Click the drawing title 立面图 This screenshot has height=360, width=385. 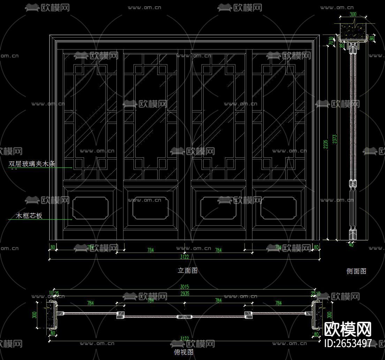point(188,270)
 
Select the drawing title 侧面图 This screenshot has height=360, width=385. point(356,271)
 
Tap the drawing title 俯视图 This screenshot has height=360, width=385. point(183,352)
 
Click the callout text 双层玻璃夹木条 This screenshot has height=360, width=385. point(32,164)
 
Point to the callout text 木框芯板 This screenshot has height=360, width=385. point(29,216)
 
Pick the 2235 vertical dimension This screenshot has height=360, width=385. point(326,144)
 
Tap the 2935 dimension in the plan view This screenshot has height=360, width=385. point(185,293)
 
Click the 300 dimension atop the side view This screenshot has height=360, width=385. point(353,15)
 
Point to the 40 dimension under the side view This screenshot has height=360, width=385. point(351,245)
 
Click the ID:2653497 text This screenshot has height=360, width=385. point(348,343)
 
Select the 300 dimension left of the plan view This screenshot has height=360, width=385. point(34,315)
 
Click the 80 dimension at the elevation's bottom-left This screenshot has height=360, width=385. point(53,247)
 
